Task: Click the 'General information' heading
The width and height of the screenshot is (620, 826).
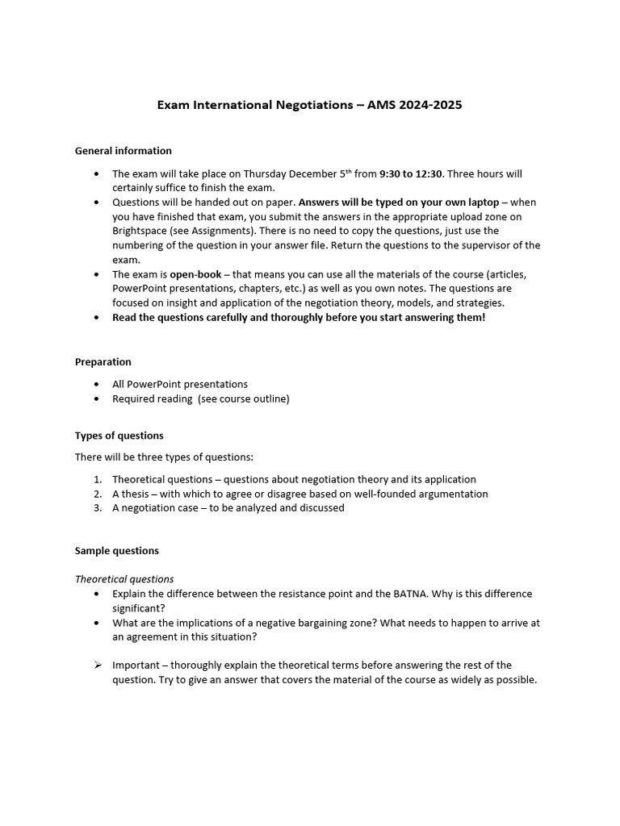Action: point(123,151)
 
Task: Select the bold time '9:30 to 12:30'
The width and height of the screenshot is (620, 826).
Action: point(412,173)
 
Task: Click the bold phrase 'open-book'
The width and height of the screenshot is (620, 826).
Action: point(194,274)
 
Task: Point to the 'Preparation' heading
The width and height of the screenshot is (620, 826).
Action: point(103,362)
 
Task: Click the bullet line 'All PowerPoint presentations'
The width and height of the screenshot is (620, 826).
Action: point(180,384)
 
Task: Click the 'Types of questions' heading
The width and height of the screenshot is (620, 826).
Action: point(119,436)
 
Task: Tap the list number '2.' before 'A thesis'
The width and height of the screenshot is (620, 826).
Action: point(97,494)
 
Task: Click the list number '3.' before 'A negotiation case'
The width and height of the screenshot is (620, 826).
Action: point(97,508)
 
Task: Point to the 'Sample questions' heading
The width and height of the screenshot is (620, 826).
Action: point(116,551)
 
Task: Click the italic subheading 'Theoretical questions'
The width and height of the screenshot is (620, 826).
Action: point(124,579)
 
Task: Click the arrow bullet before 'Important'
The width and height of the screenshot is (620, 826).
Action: point(97,665)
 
